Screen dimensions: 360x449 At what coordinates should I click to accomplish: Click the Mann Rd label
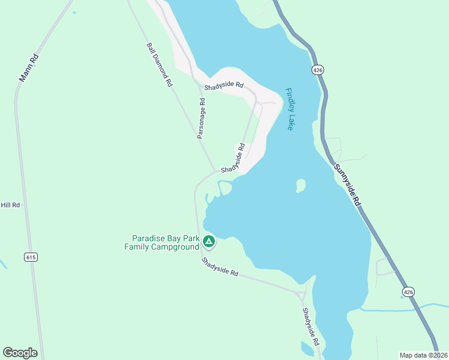click(28, 68)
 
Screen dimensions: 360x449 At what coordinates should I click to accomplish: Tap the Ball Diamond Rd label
click(159, 65)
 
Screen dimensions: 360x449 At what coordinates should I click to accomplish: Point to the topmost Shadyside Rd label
click(223, 86)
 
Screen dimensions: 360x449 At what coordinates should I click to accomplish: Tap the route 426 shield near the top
click(318, 70)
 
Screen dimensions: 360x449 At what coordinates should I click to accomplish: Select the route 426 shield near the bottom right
click(408, 292)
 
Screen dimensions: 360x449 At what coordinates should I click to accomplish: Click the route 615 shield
click(31, 257)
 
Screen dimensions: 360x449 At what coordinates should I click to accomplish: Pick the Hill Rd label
click(10, 205)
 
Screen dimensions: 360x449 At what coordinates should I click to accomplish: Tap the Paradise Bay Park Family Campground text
click(161, 242)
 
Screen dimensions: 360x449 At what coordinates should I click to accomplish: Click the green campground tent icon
click(208, 242)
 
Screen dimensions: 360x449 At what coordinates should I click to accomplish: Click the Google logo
click(20, 353)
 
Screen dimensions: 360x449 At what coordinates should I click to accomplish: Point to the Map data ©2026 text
click(423, 355)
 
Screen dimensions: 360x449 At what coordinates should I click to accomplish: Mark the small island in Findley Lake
click(301, 187)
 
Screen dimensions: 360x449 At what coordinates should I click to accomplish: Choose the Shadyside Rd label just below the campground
click(220, 267)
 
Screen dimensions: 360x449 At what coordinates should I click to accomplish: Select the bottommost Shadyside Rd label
click(310, 327)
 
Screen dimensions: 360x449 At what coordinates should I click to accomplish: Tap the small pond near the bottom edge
click(308, 349)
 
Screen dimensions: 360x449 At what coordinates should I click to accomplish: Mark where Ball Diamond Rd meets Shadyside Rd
click(215, 171)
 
